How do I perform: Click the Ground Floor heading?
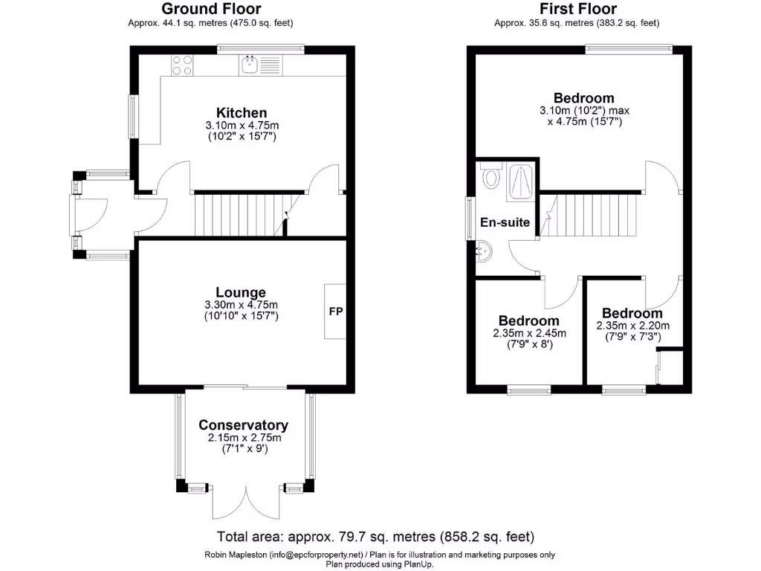click(211, 9)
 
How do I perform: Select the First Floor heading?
click(577, 9)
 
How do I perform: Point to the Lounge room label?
click(241, 292)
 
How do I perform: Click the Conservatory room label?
click(243, 425)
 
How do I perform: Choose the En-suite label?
click(505, 222)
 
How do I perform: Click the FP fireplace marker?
click(336, 312)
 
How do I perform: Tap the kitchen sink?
click(250, 65)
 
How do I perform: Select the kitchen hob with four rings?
click(182, 65)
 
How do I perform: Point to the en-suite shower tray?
click(522, 181)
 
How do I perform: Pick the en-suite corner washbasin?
click(482, 251)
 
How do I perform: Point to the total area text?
click(375, 536)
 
